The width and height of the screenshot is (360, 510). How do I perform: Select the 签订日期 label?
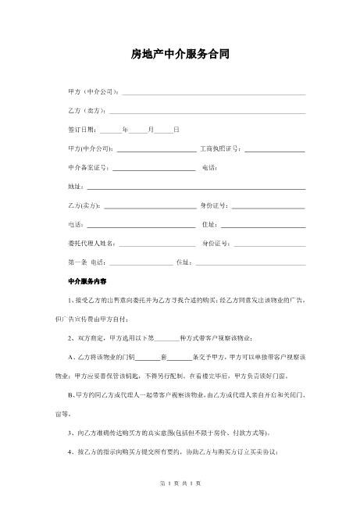coord(84,129)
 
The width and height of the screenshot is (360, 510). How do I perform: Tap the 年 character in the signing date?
coord(126,129)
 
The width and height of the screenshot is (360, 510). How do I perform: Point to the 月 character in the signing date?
coord(151,129)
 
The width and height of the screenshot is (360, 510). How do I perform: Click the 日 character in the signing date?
coord(176,129)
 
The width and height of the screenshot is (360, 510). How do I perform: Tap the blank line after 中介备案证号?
coord(154,168)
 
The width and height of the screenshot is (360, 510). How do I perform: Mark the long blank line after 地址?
coord(195,188)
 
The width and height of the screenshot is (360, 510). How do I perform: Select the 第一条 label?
coord(77,262)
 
